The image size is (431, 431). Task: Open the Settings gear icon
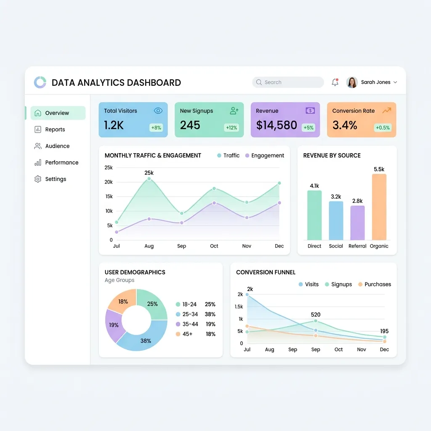point(37,179)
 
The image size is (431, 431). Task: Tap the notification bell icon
point(335,82)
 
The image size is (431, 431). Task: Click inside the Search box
point(288,82)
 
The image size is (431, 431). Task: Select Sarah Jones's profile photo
point(352,82)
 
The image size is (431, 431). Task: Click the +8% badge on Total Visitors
point(156,128)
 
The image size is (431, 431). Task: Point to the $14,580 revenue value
point(277,125)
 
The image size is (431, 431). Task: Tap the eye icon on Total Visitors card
point(158,111)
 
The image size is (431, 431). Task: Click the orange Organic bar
point(379,207)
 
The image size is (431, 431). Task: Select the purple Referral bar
point(357,223)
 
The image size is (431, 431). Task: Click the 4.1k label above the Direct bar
point(314,186)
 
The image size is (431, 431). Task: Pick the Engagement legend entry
point(264,156)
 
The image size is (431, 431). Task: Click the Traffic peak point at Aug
point(149,179)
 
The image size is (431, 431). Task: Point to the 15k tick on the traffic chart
point(109,197)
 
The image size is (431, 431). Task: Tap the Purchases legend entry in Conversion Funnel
point(375,285)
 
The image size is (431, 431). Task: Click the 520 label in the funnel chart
point(316,315)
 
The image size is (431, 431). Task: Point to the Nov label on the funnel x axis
point(362,349)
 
